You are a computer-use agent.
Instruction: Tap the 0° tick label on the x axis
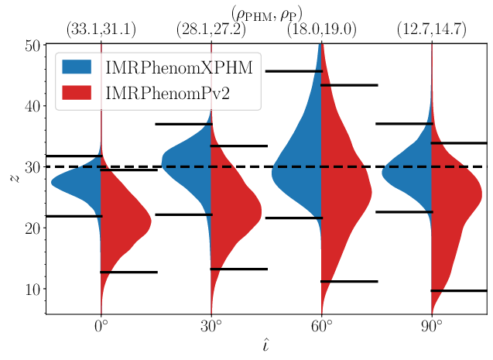pyautogui.click(x=101, y=325)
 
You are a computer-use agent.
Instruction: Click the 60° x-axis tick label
pyautogui.click(x=320, y=325)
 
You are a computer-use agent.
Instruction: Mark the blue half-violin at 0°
pyautogui.click(x=81, y=183)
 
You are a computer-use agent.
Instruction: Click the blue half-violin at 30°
pyautogui.click(x=190, y=166)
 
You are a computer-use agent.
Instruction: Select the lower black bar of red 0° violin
pyautogui.click(x=128, y=272)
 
